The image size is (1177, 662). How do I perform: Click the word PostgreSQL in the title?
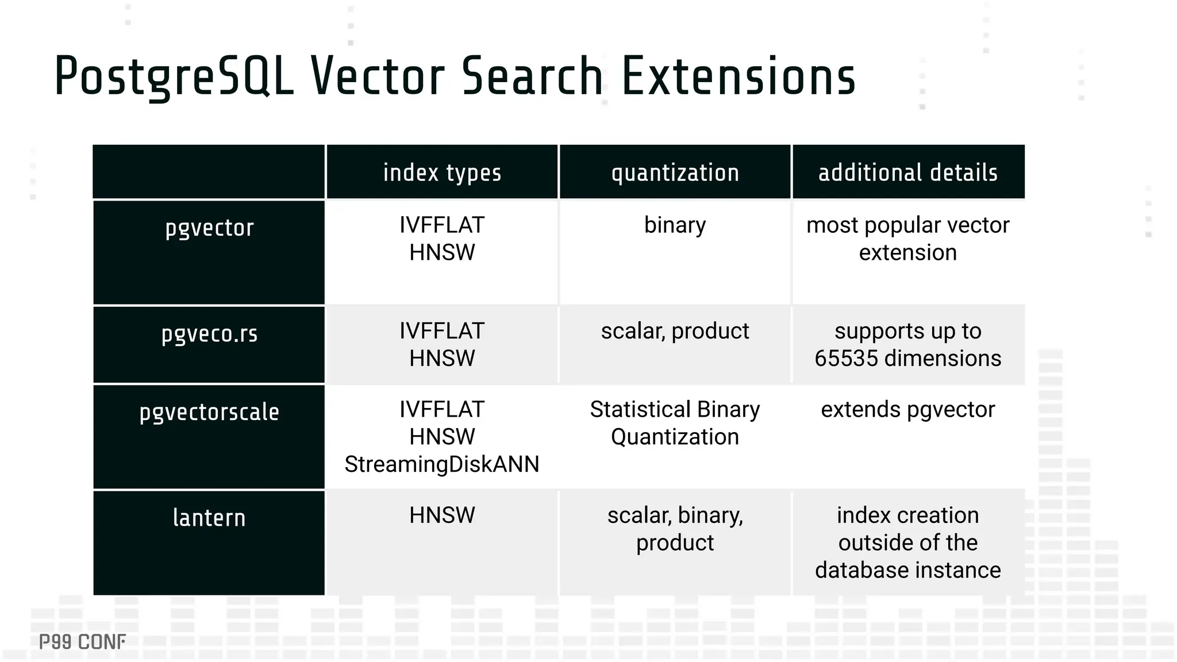pyautogui.click(x=174, y=76)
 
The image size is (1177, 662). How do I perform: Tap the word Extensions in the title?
pyautogui.click(x=738, y=76)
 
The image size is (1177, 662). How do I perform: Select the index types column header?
pyautogui.click(x=442, y=172)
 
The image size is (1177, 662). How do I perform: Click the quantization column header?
pyautogui.click(x=675, y=172)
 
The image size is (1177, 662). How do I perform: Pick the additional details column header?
pyautogui.click(x=908, y=172)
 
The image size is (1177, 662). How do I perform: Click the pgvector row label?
pyautogui.click(x=209, y=228)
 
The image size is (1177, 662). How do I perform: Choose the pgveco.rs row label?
pyautogui.click(x=209, y=334)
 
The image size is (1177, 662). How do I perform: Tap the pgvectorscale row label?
pyautogui.click(x=209, y=412)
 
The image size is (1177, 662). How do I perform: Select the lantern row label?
pyautogui.click(x=209, y=518)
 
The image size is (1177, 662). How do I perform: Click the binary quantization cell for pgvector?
pyautogui.click(x=675, y=225)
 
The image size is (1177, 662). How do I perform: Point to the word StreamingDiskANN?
pyautogui.click(x=442, y=464)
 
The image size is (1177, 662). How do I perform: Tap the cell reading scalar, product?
pyautogui.click(x=675, y=331)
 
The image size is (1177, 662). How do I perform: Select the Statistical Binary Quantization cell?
pyautogui.click(x=675, y=423)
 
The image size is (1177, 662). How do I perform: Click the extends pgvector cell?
pyautogui.click(x=908, y=410)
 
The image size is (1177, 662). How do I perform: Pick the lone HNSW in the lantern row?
pyautogui.click(x=442, y=515)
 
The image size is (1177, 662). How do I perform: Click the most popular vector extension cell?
pyautogui.click(x=908, y=238)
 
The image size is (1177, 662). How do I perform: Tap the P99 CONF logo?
pyautogui.click(x=82, y=642)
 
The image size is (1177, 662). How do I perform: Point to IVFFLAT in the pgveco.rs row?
pyautogui.click(x=442, y=331)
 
